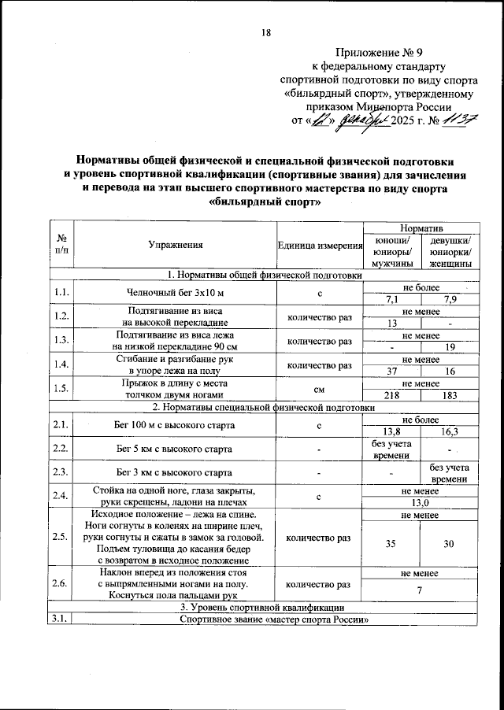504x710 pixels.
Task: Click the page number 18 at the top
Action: [x=265, y=32]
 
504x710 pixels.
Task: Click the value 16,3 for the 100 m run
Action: [x=450, y=431]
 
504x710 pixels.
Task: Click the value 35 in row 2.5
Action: [x=391, y=543]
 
